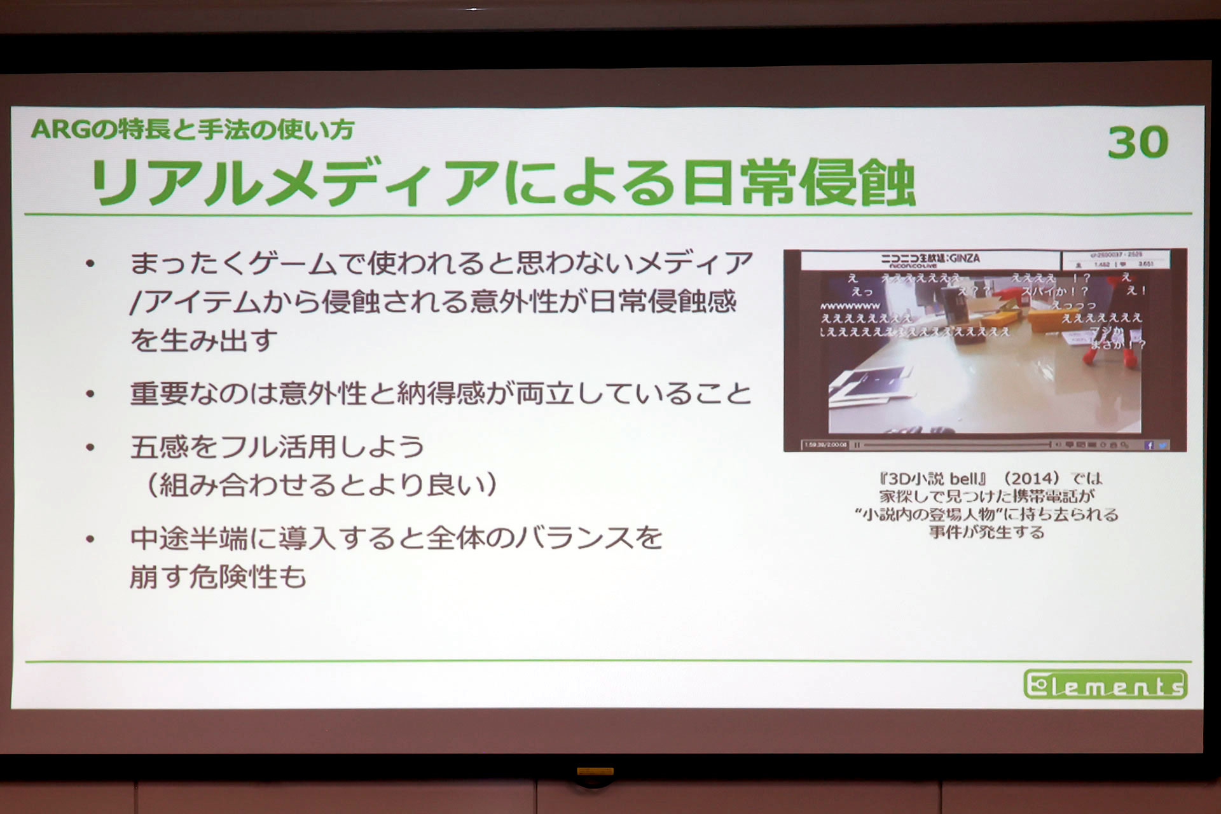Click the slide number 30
click(x=1138, y=142)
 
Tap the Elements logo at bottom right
click(x=1105, y=685)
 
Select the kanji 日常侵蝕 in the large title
click(x=799, y=183)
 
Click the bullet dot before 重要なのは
click(x=90, y=394)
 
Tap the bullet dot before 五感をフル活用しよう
click(x=90, y=448)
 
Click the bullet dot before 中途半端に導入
click(x=90, y=539)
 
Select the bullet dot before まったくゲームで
click(x=90, y=263)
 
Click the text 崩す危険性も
click(x=218, y=577)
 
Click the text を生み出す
click(x=203, y=340)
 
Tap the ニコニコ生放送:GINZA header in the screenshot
click(x=930, y=259)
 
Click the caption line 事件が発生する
click(x=986, y=532)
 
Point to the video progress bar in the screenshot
click(x=954, y=445)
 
